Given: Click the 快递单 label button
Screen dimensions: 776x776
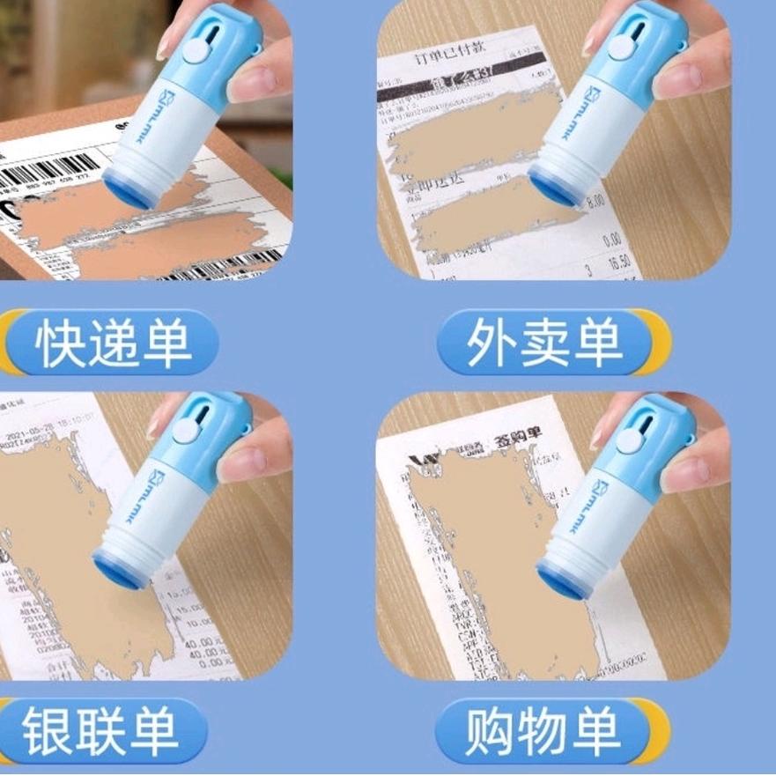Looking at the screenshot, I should (113, 342).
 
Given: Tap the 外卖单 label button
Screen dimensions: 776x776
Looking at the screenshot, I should (544, 342).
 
